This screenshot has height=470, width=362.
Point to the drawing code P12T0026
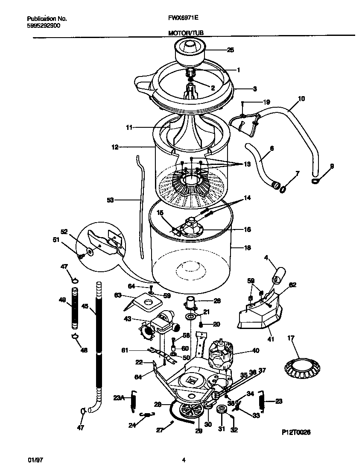296,432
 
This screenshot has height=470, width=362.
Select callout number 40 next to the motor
255,351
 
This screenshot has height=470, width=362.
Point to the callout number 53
111,200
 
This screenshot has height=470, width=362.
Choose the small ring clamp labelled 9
315,181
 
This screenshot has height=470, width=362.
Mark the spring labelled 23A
133,402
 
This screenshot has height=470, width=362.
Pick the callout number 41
270,339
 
